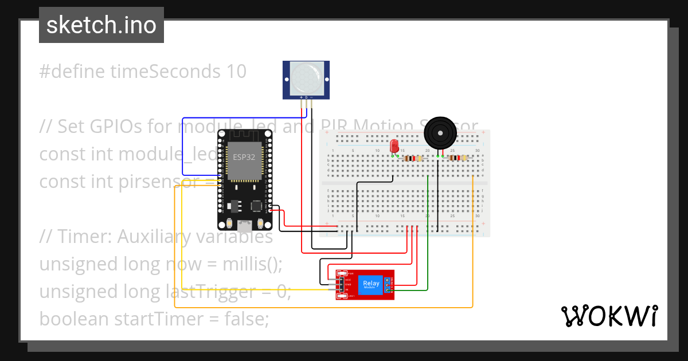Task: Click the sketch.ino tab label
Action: [x=101, y=25]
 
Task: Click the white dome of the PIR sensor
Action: [x=306, y=79]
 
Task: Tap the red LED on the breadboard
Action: [x=394, y=146]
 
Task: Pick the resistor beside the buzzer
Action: [x=456, y=158]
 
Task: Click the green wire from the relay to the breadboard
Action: [x=428, y=241]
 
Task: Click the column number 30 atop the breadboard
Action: [x=478, y=151]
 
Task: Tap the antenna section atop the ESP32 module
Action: [x=245, y=135]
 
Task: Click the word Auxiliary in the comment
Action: [x=213, y=237]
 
